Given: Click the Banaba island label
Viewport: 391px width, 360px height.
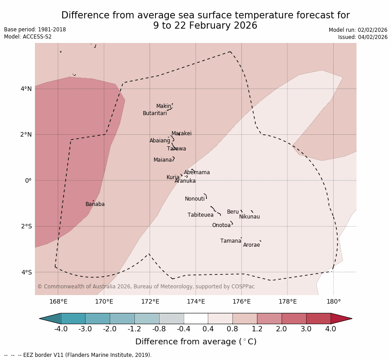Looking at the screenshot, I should click(95, 205).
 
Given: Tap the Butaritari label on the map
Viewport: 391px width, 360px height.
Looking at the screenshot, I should click(155, 114).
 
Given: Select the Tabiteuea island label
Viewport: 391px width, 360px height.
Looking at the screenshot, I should click(201, 215).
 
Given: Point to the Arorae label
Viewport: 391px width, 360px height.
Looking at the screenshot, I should click(251, 245).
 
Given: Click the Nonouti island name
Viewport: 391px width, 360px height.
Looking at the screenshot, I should click(195, 199).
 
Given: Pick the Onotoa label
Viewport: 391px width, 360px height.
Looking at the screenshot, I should click(221, 226).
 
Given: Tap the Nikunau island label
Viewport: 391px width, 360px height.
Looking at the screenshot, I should click(249, 217).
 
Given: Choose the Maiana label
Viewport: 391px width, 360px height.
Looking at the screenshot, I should click(163, 160).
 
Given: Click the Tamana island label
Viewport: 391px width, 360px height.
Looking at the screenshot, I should click(231, 241).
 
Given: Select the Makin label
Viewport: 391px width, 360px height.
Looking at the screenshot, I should click(163, 107).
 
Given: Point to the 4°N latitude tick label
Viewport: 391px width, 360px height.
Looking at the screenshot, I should click(26, 89).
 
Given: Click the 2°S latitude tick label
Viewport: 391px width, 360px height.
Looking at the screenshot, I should click(26, 227).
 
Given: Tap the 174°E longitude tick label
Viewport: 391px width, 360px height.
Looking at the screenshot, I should click(196, 302).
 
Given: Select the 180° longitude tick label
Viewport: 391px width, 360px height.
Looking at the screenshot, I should click(333, 302).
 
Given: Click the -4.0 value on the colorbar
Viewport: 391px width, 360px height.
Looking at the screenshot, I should click(61, 330).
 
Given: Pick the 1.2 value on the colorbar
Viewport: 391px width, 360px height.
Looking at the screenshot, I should click(257, 330).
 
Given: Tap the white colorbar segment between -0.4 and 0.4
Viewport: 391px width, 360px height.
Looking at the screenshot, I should click(196, 318).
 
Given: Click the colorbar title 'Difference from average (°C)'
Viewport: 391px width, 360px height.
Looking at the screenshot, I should click(196, 342).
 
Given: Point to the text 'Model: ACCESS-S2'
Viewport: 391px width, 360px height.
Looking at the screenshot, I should click(28, 37).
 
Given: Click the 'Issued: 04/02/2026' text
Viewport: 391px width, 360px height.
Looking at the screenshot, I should click(363, 37).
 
